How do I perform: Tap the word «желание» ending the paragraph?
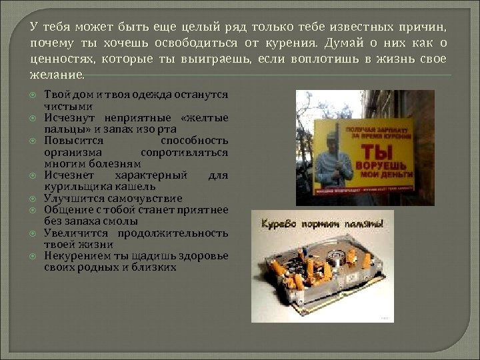click(x=58, y=76)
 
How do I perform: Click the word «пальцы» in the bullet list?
click(x=63, y=129)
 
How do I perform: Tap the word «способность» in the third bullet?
click(x=195, y=141)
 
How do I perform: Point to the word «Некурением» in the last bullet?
click(x=75, y=256)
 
